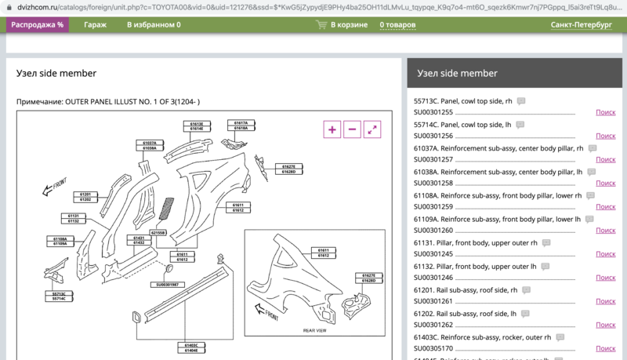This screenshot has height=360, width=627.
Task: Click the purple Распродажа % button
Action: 38,25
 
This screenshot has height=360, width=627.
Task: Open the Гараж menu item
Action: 96,25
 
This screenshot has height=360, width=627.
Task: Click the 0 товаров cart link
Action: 397,25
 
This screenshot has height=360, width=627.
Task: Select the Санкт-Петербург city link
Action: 581,25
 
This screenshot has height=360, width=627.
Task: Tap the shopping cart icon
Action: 321,25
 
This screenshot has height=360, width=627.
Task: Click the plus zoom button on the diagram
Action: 332,130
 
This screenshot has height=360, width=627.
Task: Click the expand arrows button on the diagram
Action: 373,130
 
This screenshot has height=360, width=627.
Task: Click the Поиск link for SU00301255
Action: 605,113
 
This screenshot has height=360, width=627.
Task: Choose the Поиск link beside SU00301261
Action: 605,301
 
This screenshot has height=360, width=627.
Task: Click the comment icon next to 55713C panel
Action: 521,101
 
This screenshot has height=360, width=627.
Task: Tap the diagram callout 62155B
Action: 159,233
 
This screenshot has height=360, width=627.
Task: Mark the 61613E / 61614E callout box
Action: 196,126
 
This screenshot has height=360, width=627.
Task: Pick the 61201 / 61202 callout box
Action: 85,197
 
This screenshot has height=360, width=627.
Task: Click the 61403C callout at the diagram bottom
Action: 190,344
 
